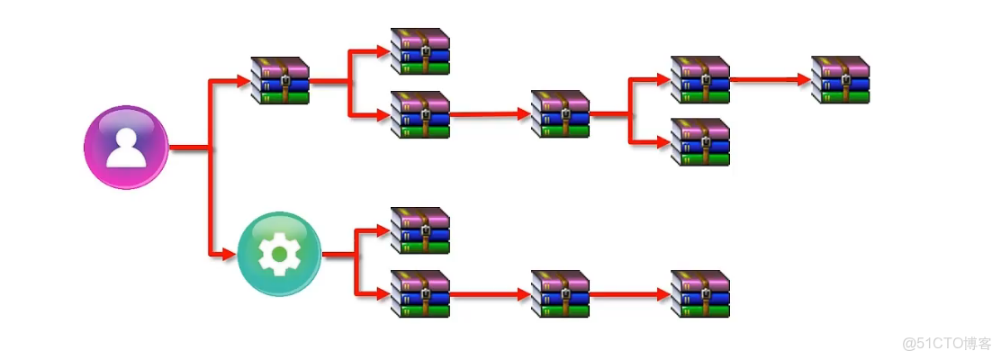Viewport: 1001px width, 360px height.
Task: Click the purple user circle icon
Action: [126, 147]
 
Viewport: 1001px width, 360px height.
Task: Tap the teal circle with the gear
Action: [279, 255]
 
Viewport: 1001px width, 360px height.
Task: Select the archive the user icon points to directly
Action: [280, 81]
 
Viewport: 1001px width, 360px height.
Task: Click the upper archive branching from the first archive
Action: [419, 51]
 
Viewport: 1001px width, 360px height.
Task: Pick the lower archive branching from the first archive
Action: [419, 114]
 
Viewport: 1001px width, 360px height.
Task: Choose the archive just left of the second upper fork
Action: [560, 114]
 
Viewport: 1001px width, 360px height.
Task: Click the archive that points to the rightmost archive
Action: [700, 80]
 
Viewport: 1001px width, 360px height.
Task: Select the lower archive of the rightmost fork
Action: [700, 142]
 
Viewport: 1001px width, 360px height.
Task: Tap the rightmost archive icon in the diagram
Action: [841, 80]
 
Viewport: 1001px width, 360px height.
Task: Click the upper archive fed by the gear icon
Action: [419, 230]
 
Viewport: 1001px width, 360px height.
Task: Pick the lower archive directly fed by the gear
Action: [419, 293]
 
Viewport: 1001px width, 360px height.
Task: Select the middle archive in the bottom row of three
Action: [560, 293]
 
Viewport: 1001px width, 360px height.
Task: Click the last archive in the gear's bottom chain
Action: [700, 293]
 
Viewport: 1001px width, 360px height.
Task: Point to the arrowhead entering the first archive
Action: [243, 82]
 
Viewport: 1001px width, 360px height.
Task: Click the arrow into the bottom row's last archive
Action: [630, 293]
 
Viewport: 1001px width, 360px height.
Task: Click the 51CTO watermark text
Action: [946, 343]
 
